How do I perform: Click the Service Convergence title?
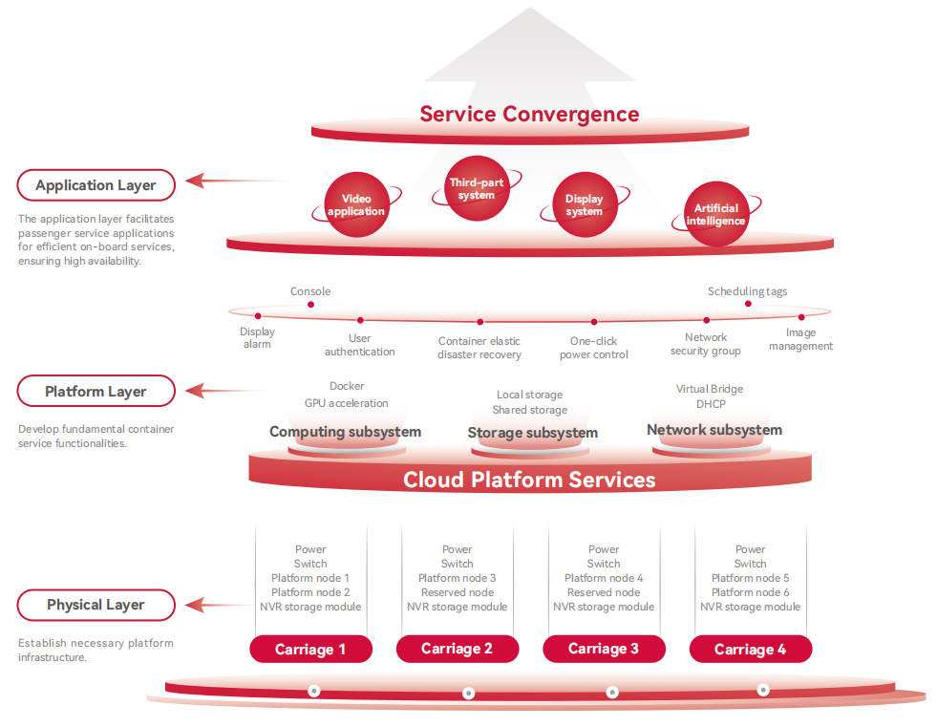click(529, 115)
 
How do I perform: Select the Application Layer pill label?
click(96, 185)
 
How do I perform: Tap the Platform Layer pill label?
click(96, 392)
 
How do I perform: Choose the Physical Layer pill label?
click(96, 605)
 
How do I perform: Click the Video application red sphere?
click(356, 204)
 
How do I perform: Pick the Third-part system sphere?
click(476, 188)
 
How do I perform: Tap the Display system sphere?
click(584, 204)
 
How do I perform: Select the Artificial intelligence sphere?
click(715, 215)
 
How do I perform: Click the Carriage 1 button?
click(310, 650)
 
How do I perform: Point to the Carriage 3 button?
click(604, 650)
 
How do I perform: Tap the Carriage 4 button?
click(751, 650)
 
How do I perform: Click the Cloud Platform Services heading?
click(529, 480)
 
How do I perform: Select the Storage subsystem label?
click(532, 434)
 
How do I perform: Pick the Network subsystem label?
click(713, 430)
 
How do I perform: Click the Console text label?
click(310, 291)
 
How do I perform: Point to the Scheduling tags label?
click(747, 291)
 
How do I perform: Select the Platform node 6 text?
click(750, 592)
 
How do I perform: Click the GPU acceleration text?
click(347, 403)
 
